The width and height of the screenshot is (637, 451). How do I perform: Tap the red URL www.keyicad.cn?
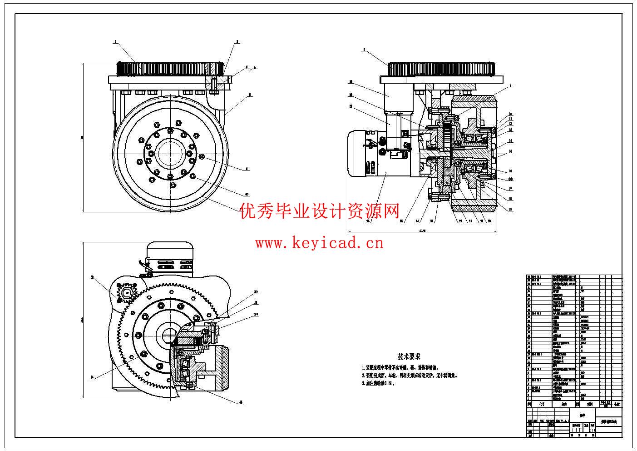(x=319, y=243)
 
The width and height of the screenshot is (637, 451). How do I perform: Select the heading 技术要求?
(x=409, y=356)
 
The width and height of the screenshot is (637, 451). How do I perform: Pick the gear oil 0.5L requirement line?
(x=378, y=383)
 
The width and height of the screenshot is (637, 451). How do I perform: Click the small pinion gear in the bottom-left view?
(x=126, y=293)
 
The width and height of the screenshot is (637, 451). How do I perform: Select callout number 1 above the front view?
(x=115, y=42)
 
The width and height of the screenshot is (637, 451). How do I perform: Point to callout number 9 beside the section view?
(x=510, y=85)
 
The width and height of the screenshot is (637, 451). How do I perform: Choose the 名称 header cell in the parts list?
(x=564, y=404)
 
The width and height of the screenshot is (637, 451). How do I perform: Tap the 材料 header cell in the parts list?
(x=589, y=404)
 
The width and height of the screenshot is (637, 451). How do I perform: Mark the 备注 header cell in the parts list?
(x=616, y=404)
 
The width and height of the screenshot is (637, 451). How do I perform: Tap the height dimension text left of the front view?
(x=81, y=137)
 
